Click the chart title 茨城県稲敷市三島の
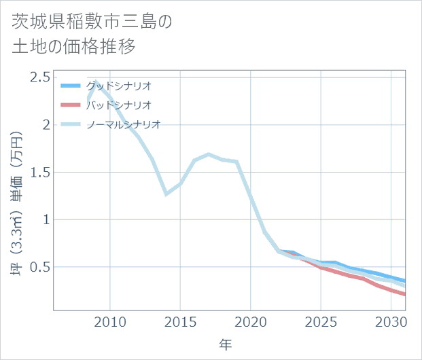pyautogui.click(x=92, y=22)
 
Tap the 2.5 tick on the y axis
pyautogui.click(x=39, y=76)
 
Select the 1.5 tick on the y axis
pyautogui.click(x=39, y=172)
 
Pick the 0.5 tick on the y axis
pyautogui.click(x=39, y=267)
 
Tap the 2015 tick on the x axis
pyautogui.click(x=180, y=321)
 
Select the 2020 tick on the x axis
pyautogui.click(x=251, y=321)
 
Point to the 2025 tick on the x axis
pyautogui.click(x=321, y=321)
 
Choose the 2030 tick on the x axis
pyautogui.click(x=391, y=321)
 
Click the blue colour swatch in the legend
pyautogui.click(x=71, y=86)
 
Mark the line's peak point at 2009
pyautogui.click(x=96, y=82)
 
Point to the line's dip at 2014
pyautogui.click(x=166, y=194)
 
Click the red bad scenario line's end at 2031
pyautogui.click(x=405, y=294)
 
